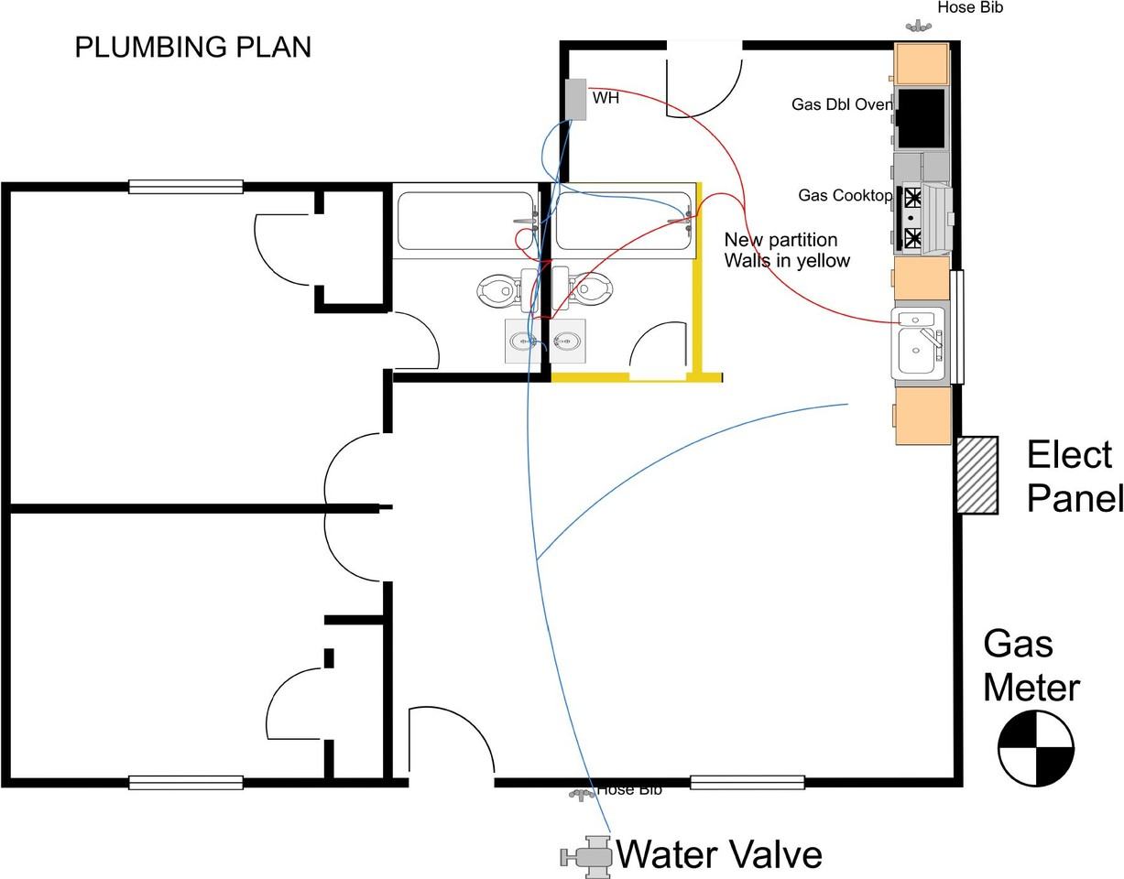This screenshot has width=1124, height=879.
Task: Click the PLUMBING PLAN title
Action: pos(192,48)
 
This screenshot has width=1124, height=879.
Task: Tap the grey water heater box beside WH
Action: pos(575,99)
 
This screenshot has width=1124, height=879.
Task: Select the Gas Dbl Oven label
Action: pos(841,104)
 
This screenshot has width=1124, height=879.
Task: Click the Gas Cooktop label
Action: pos(844,195)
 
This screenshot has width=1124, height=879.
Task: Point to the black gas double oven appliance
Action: pos(921,118)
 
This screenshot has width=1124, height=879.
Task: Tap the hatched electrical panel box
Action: pos(977,474)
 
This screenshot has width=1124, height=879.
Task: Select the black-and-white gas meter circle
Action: pos(1035,748)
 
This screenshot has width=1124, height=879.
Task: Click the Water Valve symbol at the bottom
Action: pos(586,856)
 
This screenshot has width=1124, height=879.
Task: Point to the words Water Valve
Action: pos(719,854)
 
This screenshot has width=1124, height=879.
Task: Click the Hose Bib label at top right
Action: pos(970,8)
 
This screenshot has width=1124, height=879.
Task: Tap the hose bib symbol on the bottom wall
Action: pos(581,794)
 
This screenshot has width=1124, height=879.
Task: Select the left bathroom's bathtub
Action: pos(465,221)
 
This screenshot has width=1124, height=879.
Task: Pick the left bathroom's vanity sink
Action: pos(526,341)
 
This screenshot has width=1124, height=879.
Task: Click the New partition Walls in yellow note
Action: pos(787,250)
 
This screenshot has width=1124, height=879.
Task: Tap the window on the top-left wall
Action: pos(185,187)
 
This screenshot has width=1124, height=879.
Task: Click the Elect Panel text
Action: pos(1073,476)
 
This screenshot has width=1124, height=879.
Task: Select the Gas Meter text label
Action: pos(1030,666)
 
